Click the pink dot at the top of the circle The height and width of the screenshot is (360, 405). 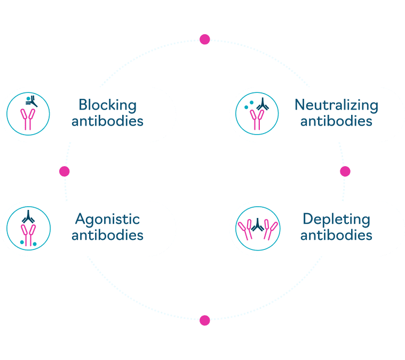click(204, 40)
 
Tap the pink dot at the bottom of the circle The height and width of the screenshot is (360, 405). click(204, 320)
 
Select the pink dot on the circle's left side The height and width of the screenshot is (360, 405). click(65, 171)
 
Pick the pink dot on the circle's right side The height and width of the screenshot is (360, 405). click(345, 171)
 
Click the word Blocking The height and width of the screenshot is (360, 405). click(107, 105)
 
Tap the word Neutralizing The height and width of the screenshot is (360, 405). click(336, 105)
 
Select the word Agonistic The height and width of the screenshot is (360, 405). click(107, 220)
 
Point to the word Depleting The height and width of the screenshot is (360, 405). click(336, 220)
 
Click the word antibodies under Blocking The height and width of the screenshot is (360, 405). click(107, 121)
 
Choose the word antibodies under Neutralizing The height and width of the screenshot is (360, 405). click(336, 121)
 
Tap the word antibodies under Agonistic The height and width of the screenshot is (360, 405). click(107, 235)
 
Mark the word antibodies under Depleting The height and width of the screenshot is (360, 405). click(336, 235)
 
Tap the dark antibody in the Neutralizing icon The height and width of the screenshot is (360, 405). click(263, 104)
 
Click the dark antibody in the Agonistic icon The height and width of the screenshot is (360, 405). click(28, 217)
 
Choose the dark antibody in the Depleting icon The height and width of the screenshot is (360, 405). click(258, 225)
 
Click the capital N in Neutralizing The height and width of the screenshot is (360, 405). click(300, 105)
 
